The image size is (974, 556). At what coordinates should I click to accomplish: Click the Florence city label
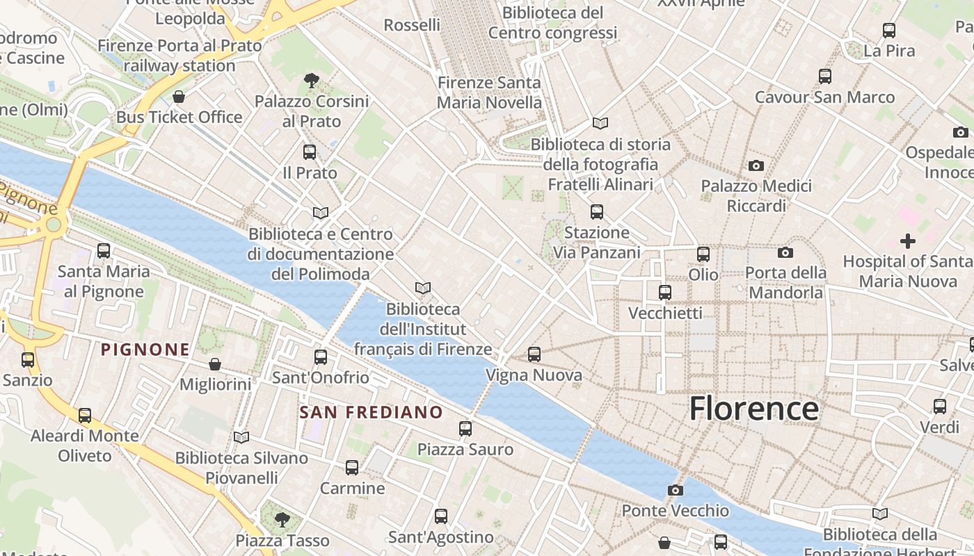click(x=753, y=409)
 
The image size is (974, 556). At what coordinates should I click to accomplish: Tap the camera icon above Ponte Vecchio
click(x=675, y=490)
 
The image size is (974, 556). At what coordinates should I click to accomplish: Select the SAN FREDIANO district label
click(x=371, y=412)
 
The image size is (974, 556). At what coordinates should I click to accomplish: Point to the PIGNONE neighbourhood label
click(x=145, y=349)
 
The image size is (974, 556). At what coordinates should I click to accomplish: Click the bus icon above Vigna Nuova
click(x=534, y=354)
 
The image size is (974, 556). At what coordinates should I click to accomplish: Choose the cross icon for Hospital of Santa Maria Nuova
click(x=907, y=241)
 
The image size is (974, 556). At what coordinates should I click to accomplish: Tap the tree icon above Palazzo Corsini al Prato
click(x=311, y=81)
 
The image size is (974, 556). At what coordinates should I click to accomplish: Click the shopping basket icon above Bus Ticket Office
click(x=179, y=97)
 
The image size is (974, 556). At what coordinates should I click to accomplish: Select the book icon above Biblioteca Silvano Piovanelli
click(x=241, y=437)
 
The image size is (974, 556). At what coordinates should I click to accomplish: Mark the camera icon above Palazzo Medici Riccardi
click(x=756, y=165)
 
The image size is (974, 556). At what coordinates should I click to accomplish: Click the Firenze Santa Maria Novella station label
click(x=488, y=92)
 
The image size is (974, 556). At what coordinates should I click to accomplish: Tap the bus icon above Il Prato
click(x=310, y=152)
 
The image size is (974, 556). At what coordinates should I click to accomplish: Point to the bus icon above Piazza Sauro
click(x=465, y=429)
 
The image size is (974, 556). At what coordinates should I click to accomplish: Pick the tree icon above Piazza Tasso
click(x=282, y=519)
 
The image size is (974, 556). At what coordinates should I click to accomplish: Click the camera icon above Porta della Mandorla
click(x=785, y=252)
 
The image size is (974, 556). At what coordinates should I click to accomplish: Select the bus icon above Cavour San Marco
click(x=825, y=76)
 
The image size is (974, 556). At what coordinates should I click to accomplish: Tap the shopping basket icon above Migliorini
click(x=215, y=363)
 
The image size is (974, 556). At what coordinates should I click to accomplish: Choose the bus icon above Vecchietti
click(x=665, y=293)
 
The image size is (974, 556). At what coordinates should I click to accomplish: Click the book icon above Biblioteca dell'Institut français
click(x=422, y=288)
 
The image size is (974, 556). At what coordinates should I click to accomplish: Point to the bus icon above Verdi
click(x=940, y=407)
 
